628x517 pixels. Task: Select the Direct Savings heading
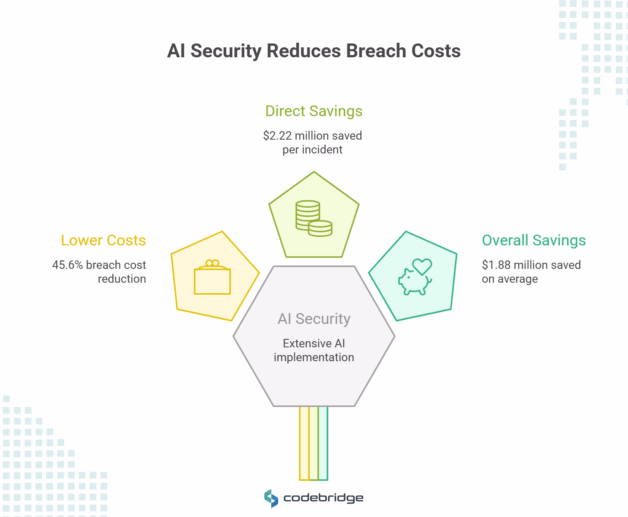[314, 111]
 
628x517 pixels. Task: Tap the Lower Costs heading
[103, 240]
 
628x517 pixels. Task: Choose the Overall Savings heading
[534, 240]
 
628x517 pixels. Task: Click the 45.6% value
[67, 265]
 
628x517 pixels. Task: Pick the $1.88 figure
[496, 265]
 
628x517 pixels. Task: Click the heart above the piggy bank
[422, 265]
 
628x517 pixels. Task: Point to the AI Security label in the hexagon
[314, 319]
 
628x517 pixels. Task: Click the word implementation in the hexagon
[314, 357]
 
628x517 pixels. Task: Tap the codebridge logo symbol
[271, 498]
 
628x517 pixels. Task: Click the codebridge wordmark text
[323, 498]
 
